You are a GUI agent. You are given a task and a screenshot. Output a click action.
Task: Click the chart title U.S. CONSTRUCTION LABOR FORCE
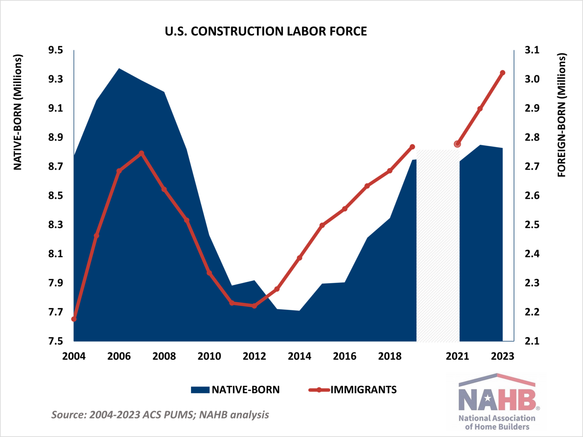click(x=266, y=31)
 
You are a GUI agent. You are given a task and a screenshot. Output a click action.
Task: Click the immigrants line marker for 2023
click(x=503, y=73)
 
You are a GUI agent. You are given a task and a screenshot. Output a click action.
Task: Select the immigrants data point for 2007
click(x=142, y=153)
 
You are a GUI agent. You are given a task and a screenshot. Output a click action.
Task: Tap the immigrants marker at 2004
click(x=74, y=319)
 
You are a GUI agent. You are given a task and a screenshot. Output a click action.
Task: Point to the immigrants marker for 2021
click(x=457, y=144)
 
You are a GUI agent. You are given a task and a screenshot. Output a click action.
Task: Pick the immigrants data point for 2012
click(x=254, y=306)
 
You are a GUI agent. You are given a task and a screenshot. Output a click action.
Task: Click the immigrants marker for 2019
click(x=413, y=147)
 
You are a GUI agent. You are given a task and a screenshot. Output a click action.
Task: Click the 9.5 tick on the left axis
click(x=55, y=50)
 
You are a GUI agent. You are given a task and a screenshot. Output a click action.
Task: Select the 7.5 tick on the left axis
click(x=55, y=341)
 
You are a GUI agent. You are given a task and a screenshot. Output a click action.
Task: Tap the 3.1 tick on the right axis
click(x=532, y=50)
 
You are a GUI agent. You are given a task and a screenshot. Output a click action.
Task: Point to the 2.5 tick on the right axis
click(x=532, y=225)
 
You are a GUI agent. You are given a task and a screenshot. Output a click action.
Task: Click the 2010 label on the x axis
click(x=209, y=356)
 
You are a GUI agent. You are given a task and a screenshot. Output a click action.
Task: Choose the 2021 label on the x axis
click(x=457, y=356)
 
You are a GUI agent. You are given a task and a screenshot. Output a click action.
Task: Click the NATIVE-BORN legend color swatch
click(x=200, y=390)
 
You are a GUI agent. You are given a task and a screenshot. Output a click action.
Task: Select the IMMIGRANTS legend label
click(x=363, y=390)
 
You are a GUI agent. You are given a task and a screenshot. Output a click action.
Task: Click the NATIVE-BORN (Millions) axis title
click(x=18, y=112)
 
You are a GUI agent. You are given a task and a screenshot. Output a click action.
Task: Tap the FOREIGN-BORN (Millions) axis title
click(x=562, y=115)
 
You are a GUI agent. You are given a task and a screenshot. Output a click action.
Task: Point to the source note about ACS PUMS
click(x=160, y=415)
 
